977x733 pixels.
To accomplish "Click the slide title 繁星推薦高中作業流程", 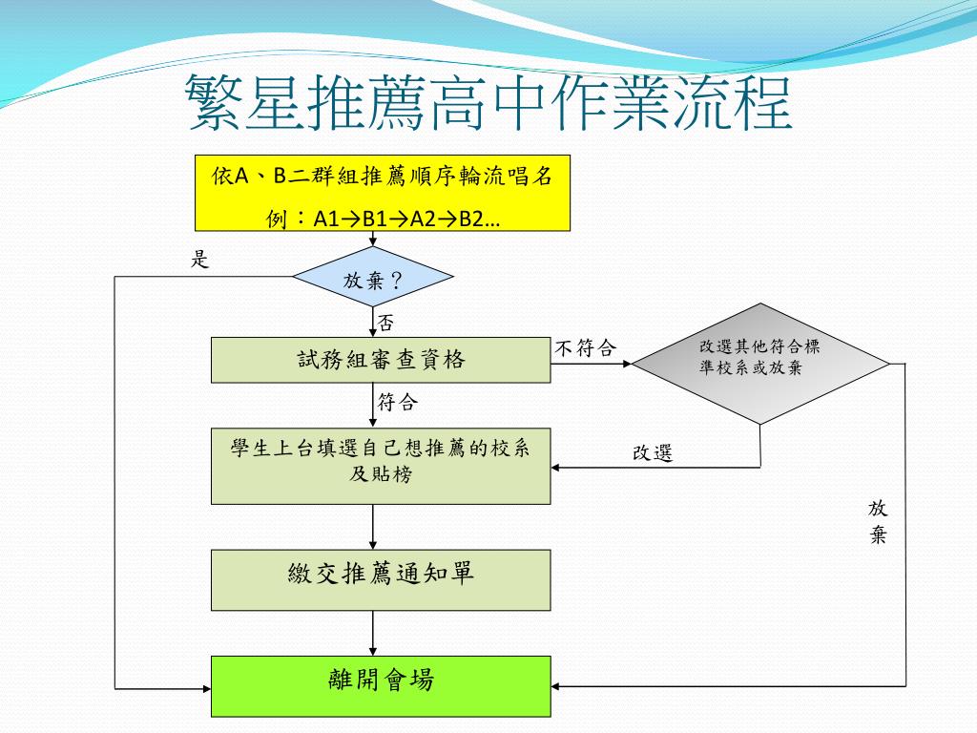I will point(488,103).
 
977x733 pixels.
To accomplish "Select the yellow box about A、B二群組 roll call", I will point(382,192).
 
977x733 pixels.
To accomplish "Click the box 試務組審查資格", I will point(381,360).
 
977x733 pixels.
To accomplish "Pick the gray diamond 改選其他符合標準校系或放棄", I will point(760,363).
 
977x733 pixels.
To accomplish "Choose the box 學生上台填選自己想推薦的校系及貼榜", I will point(381,465).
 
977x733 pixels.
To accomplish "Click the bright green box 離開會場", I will point(381,685).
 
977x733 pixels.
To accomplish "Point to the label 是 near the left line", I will point(200,258).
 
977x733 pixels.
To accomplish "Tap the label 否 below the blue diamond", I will point(385,323).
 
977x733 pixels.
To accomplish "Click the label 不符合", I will point(585,348).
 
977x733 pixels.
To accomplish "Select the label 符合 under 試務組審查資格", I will point(397,402).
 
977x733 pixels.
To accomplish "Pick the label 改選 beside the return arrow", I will point(653,453).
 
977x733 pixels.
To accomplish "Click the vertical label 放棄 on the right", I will point(878,521).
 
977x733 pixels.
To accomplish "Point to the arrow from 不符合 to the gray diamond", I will point(592,363).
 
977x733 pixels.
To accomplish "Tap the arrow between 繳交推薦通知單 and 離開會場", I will point(372,633).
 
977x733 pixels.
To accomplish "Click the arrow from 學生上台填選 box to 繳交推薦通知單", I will point(372,527).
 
